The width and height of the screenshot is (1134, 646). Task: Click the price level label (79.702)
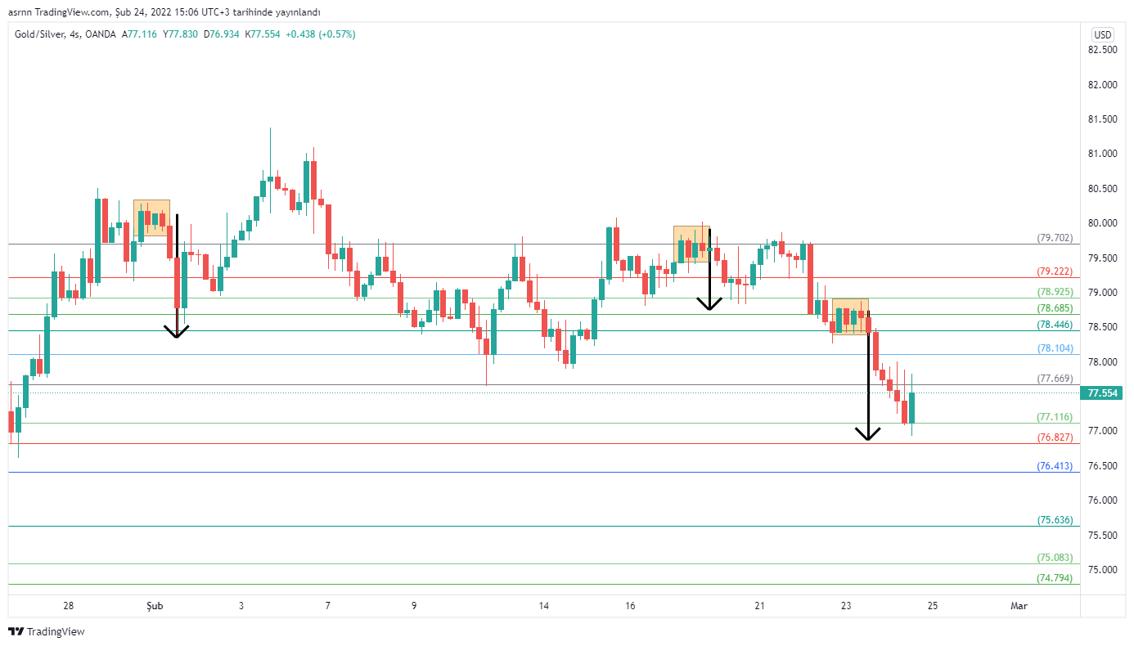tap(1055, 238)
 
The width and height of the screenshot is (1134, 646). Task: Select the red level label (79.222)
tap(1055, 271)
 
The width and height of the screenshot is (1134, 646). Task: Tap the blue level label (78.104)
tap(1055, 348)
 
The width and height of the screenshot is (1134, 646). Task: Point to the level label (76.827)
tap(1055, 437)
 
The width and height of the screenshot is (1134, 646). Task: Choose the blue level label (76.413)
tap(1055, 466)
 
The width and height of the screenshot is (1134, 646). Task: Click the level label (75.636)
tap(1055, 519)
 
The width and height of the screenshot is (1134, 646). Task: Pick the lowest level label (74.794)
tap(1055, 577)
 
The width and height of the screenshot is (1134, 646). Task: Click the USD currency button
tap(1103, 34)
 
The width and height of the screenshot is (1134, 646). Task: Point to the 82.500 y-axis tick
tap(1103, 50)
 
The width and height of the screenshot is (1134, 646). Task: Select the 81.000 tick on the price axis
tap(1103, 154)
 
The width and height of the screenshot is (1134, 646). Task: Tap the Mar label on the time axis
tap(1019, 606)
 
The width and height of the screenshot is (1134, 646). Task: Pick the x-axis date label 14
tap(544, 606)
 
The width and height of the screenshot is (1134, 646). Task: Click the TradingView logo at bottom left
tap(47, 631)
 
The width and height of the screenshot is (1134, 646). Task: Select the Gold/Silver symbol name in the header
tap(40, 34)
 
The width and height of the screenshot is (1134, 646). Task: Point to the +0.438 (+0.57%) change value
tap(321, 34)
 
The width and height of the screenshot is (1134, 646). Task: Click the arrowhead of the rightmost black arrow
tap(867, 434)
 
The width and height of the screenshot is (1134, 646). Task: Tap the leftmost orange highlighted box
tap(151, 218)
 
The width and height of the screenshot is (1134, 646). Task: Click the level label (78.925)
tap(1055, 292)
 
